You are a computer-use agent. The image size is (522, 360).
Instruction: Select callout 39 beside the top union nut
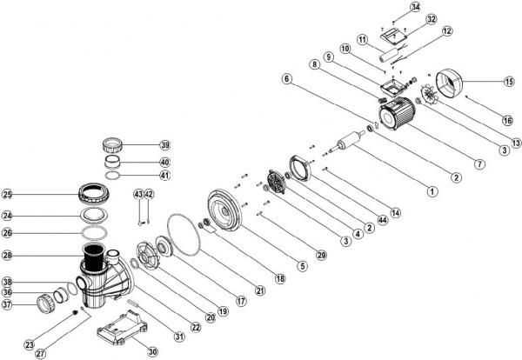[164, 144]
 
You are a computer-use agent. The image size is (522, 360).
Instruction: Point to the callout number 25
[7, 194]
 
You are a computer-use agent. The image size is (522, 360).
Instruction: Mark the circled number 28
[7, 256]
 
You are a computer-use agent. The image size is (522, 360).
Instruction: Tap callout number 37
[7, 304]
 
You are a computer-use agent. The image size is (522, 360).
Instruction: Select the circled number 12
[447, 30]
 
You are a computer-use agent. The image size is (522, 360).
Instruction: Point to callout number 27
[41, 353]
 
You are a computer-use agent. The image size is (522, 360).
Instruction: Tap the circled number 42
[149, 193]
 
